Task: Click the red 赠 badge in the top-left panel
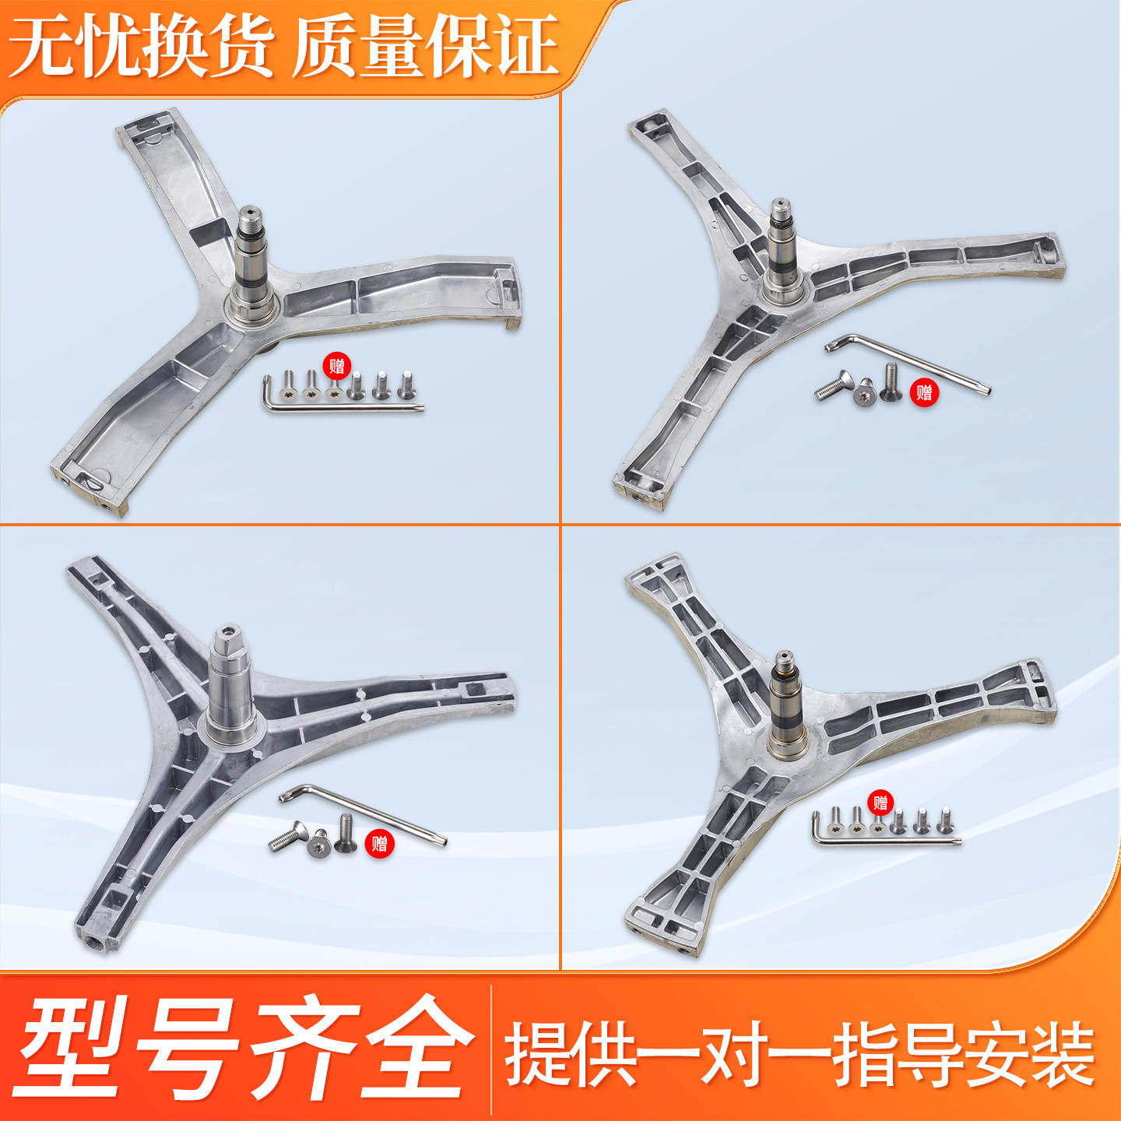(337, 367)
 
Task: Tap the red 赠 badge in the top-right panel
(924, 392)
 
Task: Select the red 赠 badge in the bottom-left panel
(379, 843)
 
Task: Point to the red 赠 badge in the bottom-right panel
(880, 803)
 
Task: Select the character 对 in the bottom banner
(736, 1052)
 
